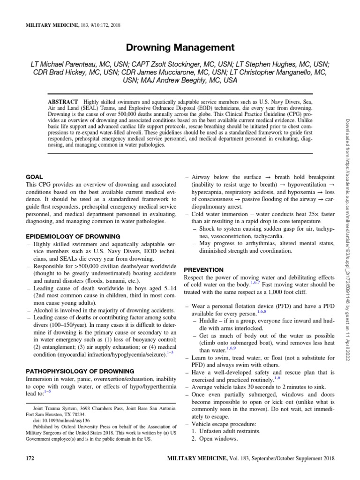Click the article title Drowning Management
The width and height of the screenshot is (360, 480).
pyautogui.click(x=180, y=47)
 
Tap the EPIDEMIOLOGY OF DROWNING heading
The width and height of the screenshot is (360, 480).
pyautogui.click(x=73, y=236)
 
